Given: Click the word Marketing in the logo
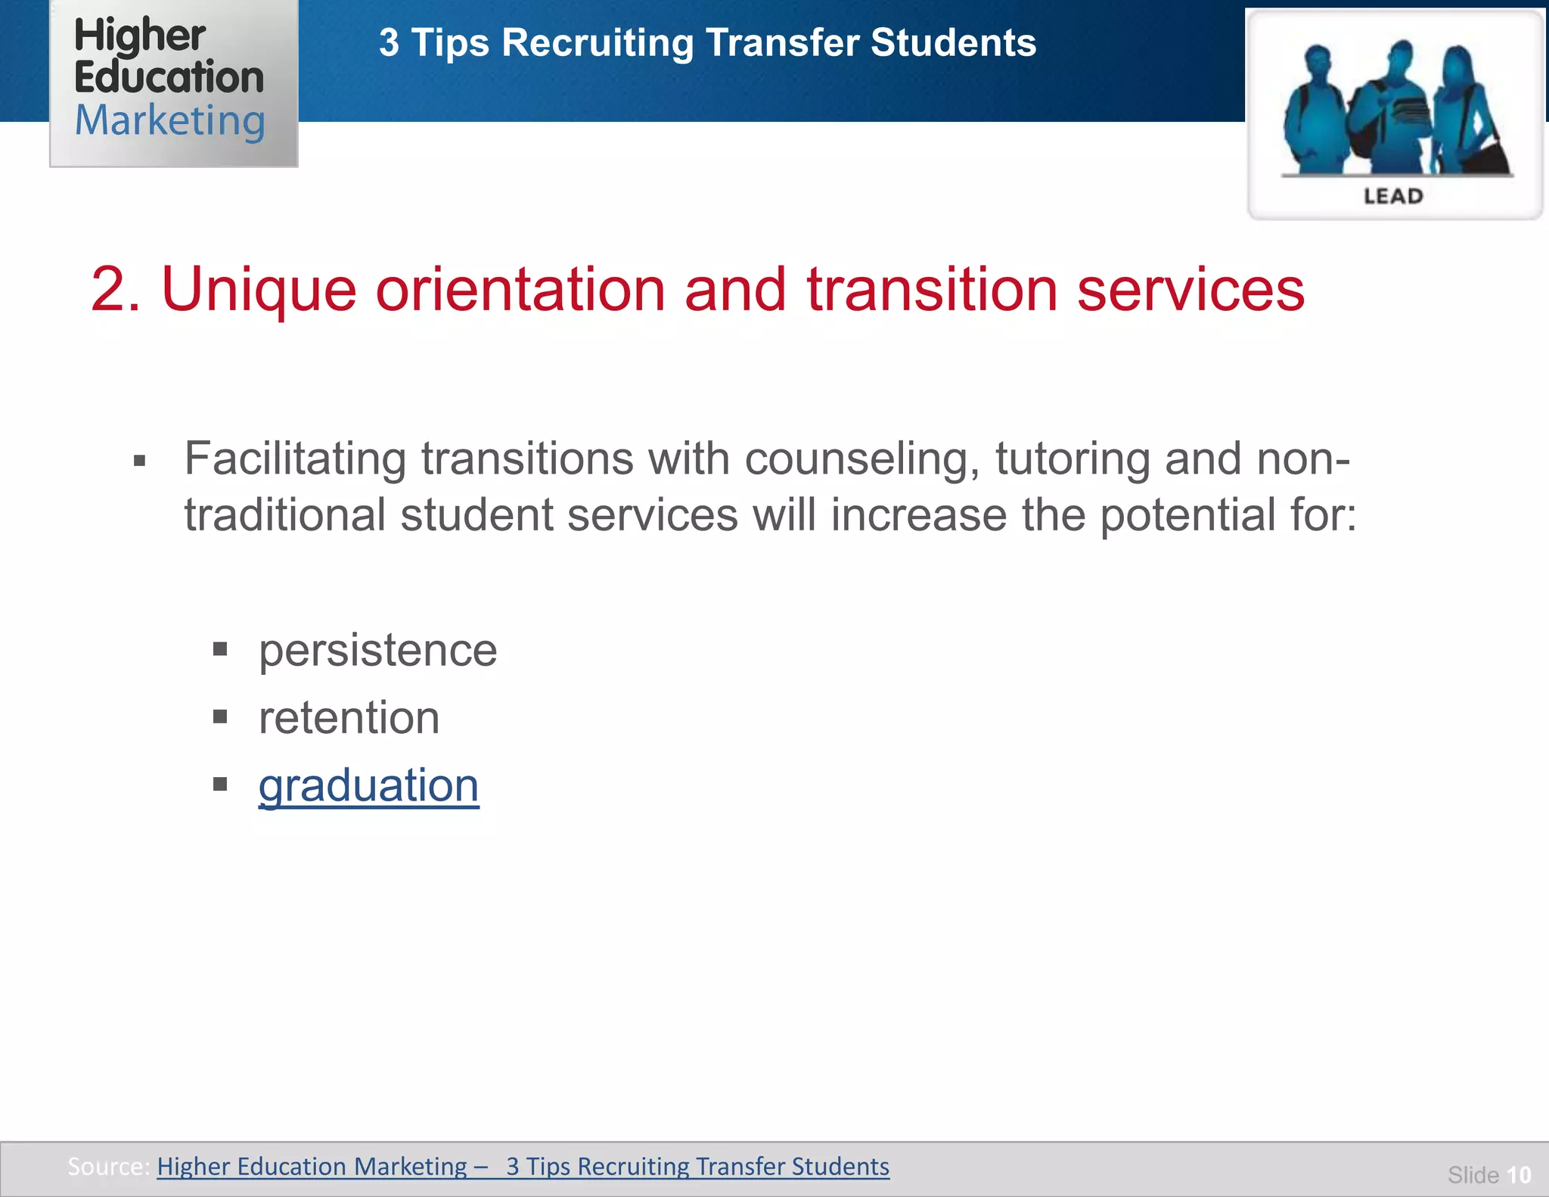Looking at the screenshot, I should coord(170,121).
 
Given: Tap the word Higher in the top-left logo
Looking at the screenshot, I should coord(140,36).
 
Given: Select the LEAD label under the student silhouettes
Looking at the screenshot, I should coord(1393,197).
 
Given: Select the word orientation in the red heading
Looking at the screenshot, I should coord(520,290).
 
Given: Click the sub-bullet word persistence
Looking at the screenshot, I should coord(377,651).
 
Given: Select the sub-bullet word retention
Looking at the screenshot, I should coord(349,718).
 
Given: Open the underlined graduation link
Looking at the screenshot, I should coord(368,785).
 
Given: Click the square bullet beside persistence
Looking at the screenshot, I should coord(220,648).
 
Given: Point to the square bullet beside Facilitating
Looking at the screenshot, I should coord(139,460).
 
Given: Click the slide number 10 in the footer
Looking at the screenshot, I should coord(1519,1175).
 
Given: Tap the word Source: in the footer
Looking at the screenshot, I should coord(108,1166).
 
